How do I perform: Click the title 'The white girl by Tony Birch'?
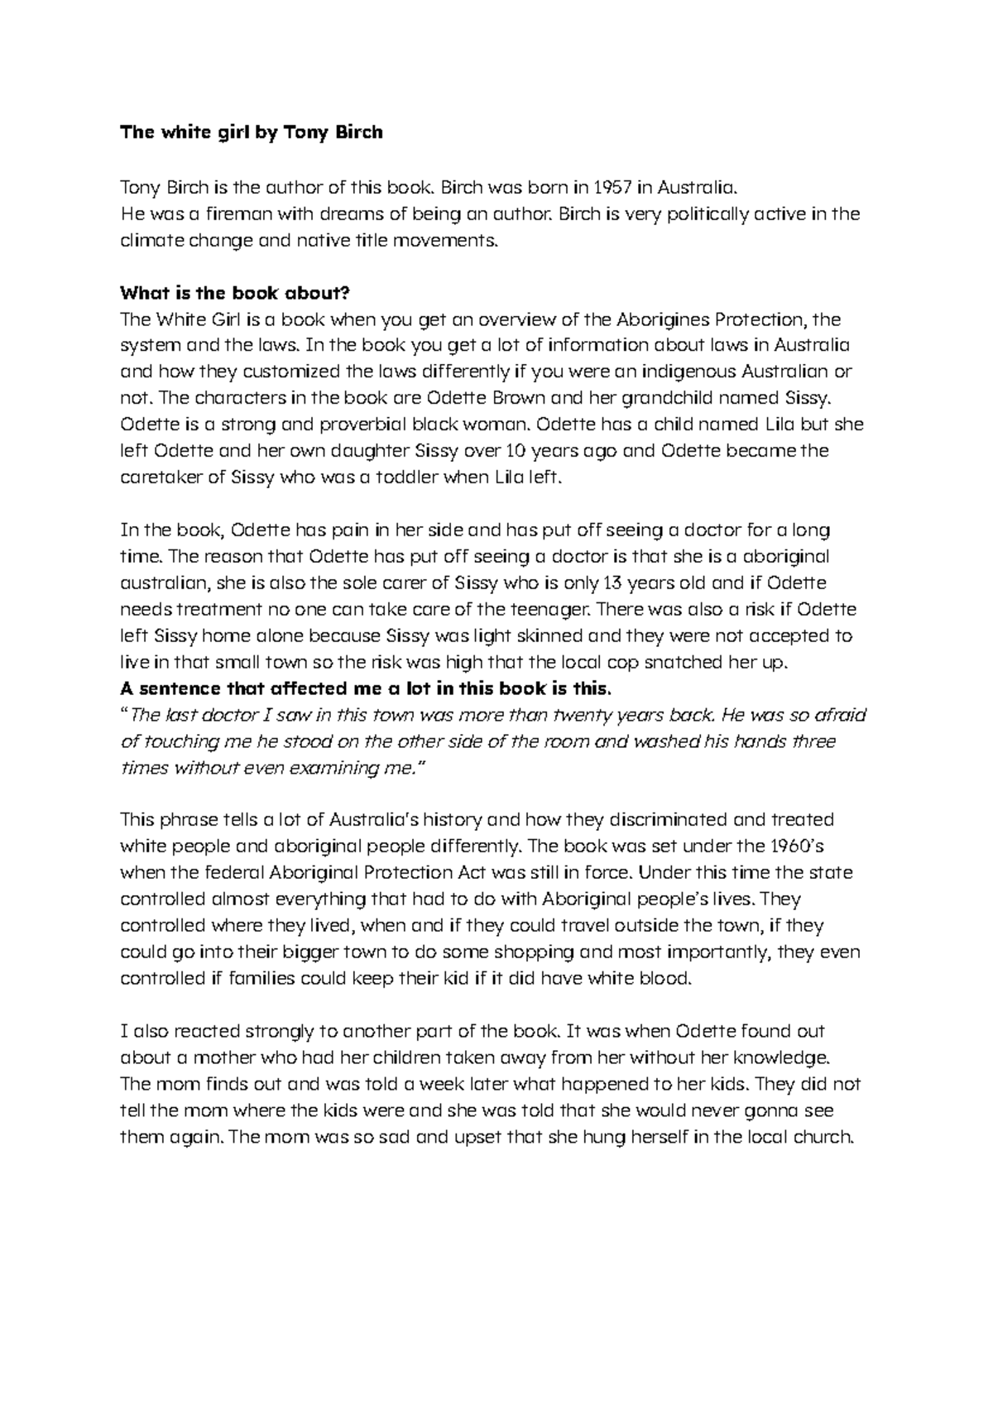point(252,132)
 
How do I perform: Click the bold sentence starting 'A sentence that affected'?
point(367,688)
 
